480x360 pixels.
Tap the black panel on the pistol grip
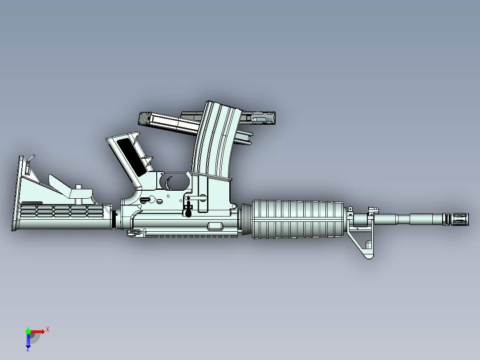(133, 156)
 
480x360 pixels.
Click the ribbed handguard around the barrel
(298, 219)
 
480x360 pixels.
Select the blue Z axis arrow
(28, 341)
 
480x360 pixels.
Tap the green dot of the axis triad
(28, 331)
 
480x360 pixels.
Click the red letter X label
(48, 329)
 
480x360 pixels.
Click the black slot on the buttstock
(32, 203)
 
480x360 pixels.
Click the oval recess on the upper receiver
(216, 226)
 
